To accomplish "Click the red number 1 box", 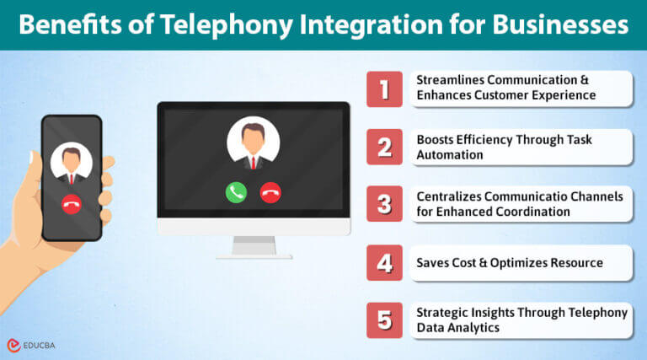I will point(384,89).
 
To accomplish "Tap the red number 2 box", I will point(384,147).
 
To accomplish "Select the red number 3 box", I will point(384,204).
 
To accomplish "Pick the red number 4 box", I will point(384,262).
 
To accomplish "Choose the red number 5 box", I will point(384,320).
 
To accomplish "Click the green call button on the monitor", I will point(236,192).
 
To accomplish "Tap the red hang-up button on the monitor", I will point(270,192).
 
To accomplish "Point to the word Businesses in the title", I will point(559,24).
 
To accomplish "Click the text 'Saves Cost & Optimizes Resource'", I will point(510,262).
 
